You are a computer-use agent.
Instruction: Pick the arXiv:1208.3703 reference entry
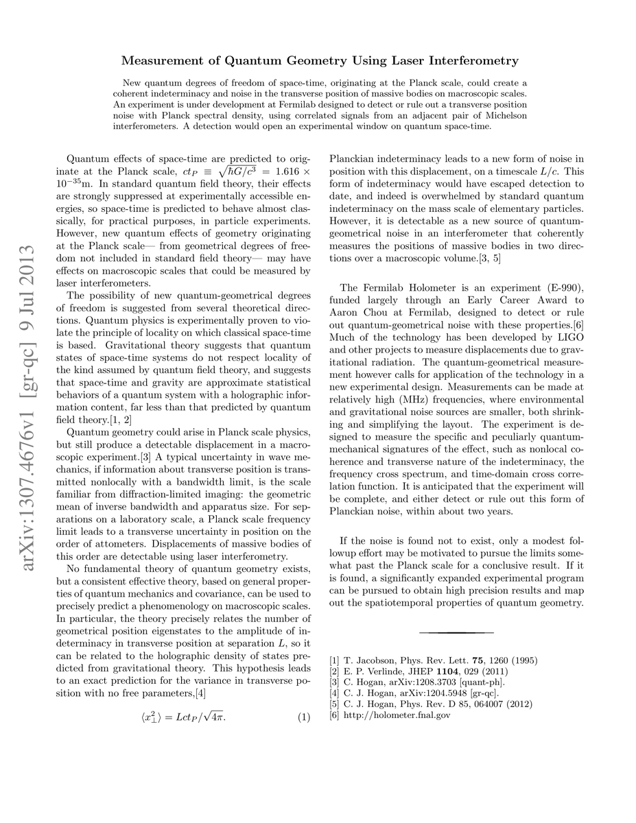pyautogui.click(x=418, y=682)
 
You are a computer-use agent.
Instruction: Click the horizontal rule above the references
pyautogui.click(x=456, y=632)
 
